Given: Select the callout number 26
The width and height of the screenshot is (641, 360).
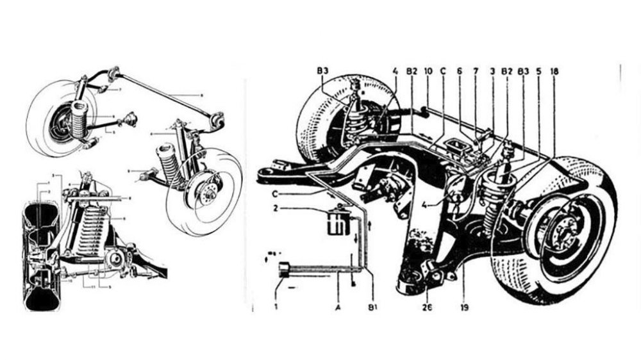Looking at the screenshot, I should pyautogui.click(x=428, y=307).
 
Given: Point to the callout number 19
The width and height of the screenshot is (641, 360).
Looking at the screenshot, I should pyautogui.click(x=463, y=307).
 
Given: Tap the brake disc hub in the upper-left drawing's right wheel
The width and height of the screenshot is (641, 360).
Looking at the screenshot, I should pyautogui.click(x=206, y=190).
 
